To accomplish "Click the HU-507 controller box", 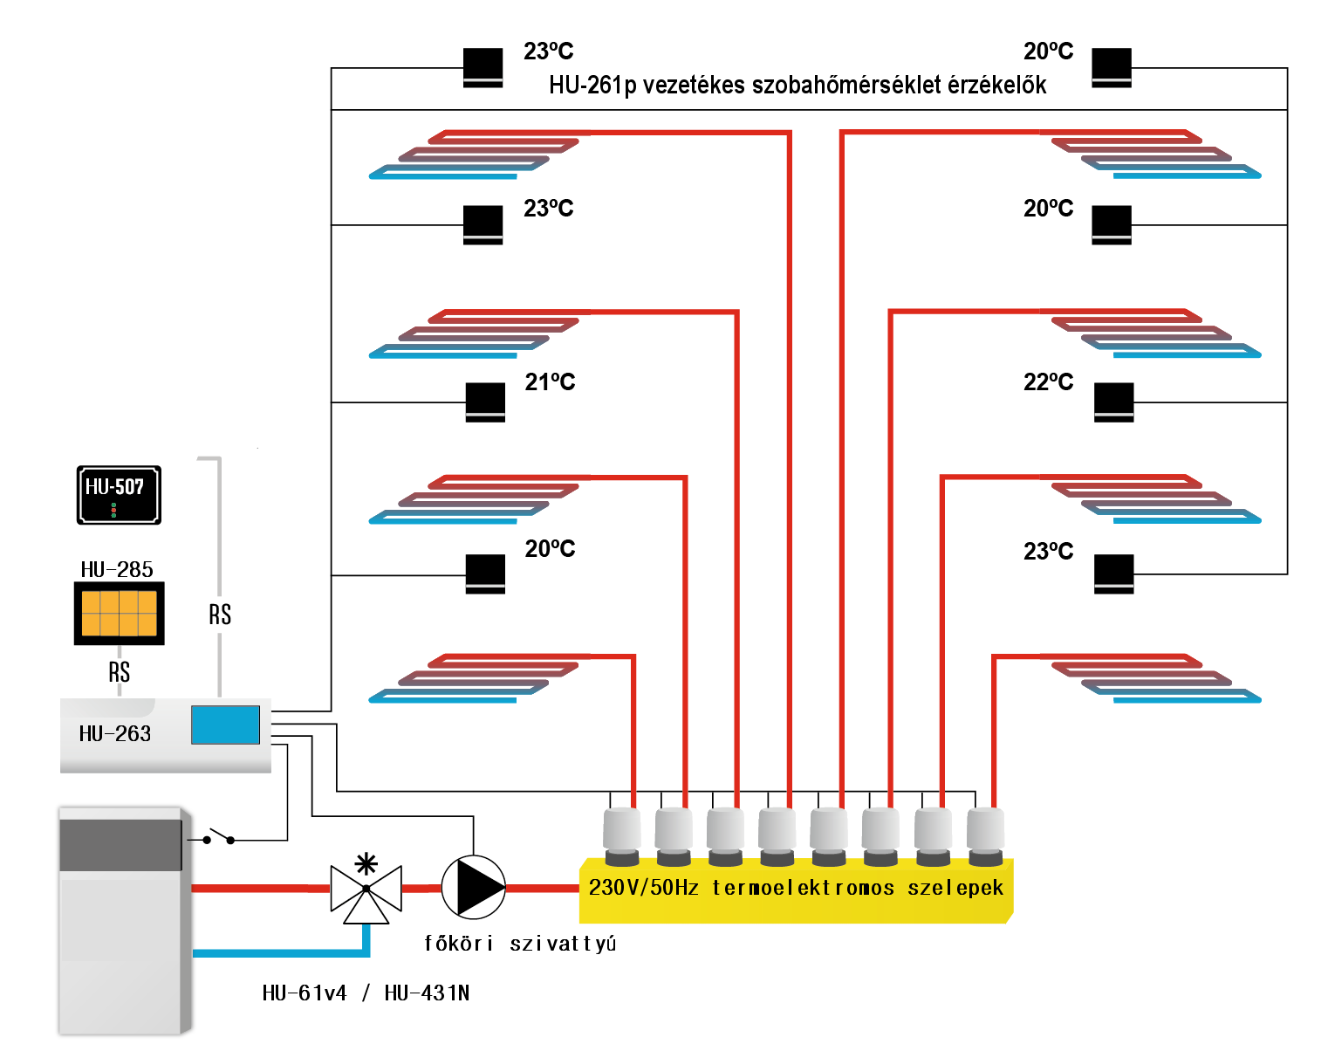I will (x=119, y=495).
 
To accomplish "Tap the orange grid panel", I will (x=120, y=613).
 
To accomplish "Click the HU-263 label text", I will (x=114, y=733).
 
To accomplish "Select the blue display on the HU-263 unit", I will (x=225, y=725).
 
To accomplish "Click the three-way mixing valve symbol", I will (x=366, y=891).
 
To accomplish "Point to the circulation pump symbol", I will (x=473, y=888).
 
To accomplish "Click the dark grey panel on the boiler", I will (x=120, y=844).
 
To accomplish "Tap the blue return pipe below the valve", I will (x=279, y=952).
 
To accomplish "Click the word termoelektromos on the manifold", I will (x=803, y=888).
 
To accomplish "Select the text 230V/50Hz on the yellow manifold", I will (x=644, y=888).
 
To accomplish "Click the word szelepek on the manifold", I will (x=955, y=888).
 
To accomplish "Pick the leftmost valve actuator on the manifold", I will (x=622, y=835).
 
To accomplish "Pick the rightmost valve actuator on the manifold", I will (x=985, y=835).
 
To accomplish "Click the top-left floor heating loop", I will (x=474, y=155).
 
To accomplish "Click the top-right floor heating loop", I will (x=1156, y=155).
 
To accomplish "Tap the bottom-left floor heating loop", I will (x=474, y=678).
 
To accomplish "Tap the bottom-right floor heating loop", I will (x=1156, y=678).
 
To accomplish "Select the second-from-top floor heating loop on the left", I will (x=474, y=333).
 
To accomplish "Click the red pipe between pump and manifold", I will (x=542, y=889).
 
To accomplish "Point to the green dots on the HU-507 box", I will (x=113, y=510).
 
